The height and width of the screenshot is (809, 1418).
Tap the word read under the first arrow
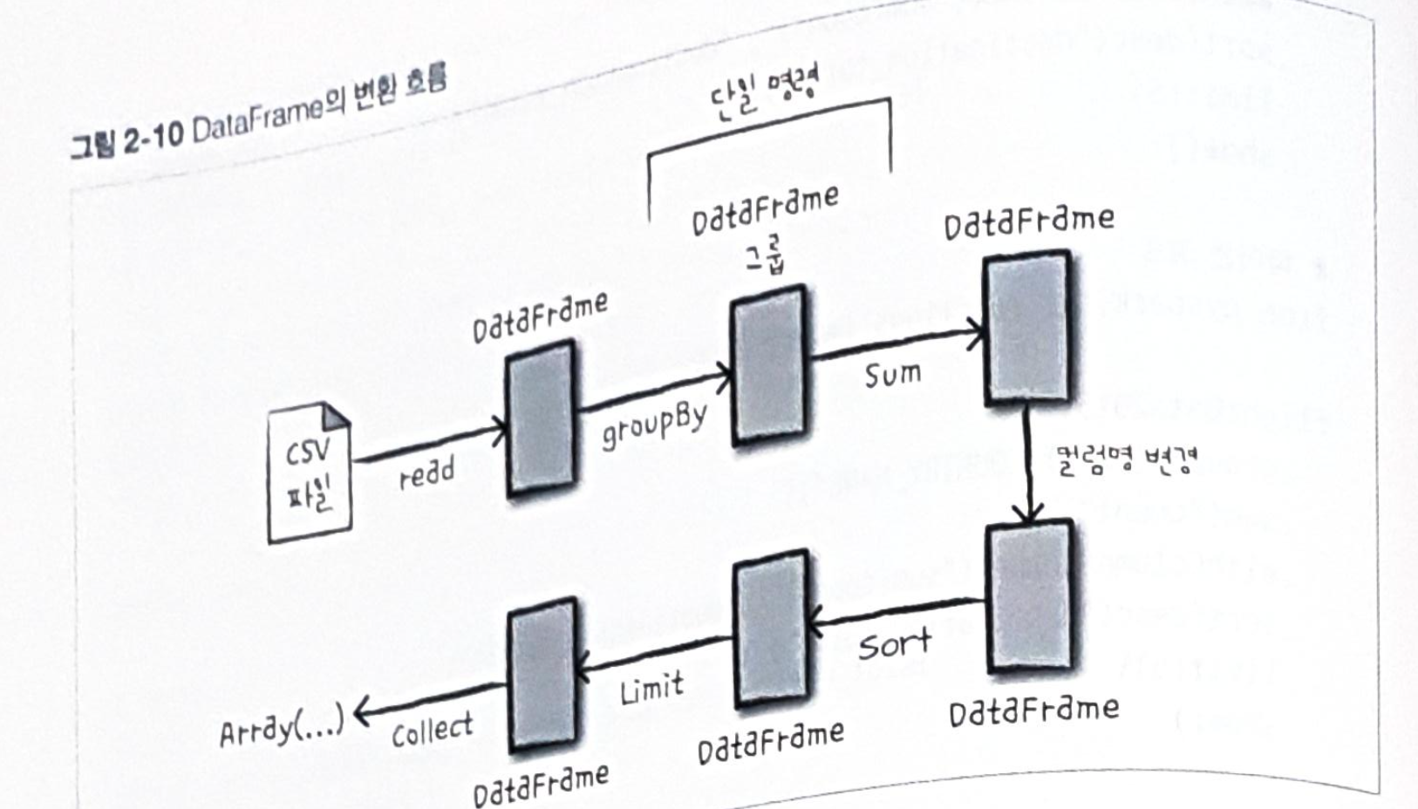pos(426,473)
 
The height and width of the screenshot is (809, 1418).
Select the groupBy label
pos(654,425)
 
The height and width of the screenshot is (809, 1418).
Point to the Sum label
pos(892,375)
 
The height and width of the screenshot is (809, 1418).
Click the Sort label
pos(894,645)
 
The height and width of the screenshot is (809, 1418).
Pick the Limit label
pos(651,690)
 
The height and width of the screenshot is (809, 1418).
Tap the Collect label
pos(432,730)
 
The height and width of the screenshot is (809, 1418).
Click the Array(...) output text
pos(281,727)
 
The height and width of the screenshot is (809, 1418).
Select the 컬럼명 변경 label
pos(1126,459)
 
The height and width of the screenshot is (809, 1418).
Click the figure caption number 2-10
pos(152,139)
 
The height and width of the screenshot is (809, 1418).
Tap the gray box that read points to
pos(541,418)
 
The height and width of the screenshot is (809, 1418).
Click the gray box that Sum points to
pos(1027,328)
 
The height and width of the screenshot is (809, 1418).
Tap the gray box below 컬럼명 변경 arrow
pos(1029,597)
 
